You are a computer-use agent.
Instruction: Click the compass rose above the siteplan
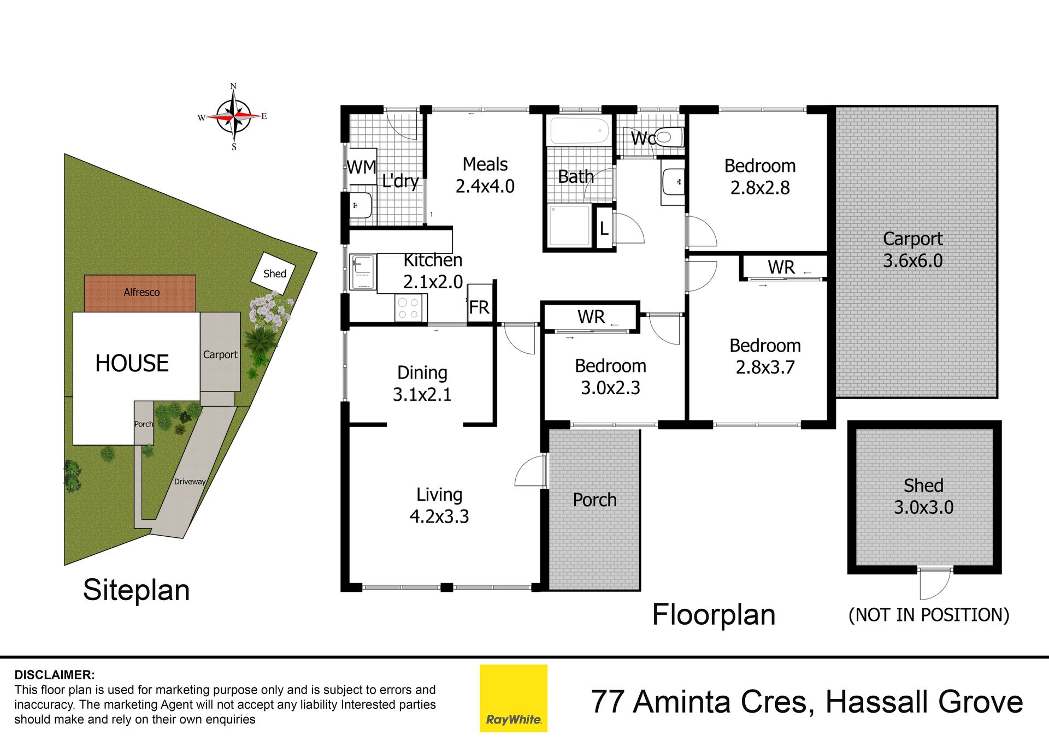coord(233,117)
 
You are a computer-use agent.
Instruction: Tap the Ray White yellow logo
coord(514,698)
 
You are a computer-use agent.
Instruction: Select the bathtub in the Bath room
coord(580,131)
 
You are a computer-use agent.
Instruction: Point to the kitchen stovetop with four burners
coord(408,307)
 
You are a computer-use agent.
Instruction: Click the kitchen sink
coord(363,272)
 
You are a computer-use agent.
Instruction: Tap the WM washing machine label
coord(362,167)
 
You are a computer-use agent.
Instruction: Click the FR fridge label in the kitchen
coord(479,307)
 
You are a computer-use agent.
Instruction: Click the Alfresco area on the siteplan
coord(140,293)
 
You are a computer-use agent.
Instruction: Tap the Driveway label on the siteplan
coord(190,482)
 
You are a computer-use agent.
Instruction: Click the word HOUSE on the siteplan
coord(132,363)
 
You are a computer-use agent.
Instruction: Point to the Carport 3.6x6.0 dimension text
coord(913,260)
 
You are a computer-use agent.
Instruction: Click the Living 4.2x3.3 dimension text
coord(439,516)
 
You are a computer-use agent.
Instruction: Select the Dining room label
coord(422,372)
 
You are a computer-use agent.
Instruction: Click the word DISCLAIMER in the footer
coord(54,675)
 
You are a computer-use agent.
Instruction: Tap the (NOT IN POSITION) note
coord(929,615)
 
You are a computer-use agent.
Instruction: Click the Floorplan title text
coord(714,615)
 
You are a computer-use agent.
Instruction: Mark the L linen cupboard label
coord(604,228)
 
